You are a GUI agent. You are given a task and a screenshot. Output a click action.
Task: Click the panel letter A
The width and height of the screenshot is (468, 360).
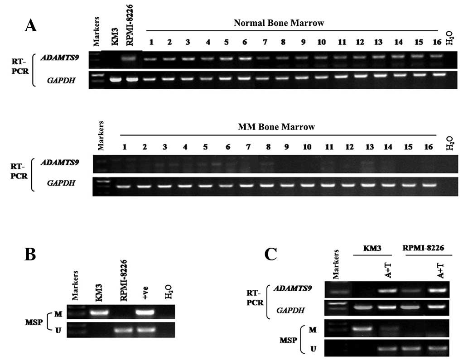coord(31,25)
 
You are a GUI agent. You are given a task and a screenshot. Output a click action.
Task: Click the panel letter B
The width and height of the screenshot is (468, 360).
coord(31,256)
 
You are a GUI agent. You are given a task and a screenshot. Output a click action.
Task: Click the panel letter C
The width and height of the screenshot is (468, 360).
coord(270,255)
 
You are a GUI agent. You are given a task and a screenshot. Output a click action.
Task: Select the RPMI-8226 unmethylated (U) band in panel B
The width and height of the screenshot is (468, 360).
coord(121,330)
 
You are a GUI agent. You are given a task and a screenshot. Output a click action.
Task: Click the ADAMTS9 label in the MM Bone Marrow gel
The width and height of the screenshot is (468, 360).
coord(64,163)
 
